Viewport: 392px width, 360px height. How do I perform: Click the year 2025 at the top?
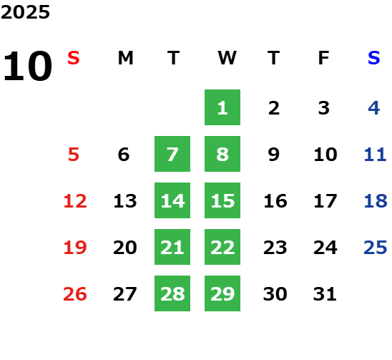tap(25, 12)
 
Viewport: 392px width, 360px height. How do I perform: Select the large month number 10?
tap(27, 66)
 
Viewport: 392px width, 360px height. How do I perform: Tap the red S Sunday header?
tap(74, 58)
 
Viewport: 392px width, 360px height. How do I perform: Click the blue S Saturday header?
tap(373, 58)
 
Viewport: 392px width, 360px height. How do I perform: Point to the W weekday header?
tap(227, 58)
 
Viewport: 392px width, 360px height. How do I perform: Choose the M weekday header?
tap(125, 58)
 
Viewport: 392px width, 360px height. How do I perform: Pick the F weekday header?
tap(324, 58)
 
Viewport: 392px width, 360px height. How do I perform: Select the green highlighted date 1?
tap(222, 107)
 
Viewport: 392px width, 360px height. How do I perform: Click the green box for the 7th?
tap(172, 154)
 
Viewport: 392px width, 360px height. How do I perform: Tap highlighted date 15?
tap(222, 200)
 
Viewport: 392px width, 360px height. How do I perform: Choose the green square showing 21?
tap(172, 247)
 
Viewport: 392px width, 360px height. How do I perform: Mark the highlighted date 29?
tap(222, 293)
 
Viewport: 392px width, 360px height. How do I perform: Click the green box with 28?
tap(172, 293)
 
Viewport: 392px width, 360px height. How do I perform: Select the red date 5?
tap(74, 155)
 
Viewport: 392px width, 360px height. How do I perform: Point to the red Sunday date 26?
tap(75, 294)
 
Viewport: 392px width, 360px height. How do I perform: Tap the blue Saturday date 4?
tap(374, 108)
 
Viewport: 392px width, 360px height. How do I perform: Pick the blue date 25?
tap(376, 248)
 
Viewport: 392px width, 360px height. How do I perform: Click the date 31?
tap(325, 294)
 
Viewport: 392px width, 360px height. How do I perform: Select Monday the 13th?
tap(125, 201)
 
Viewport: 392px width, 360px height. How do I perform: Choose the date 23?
tap(275, 248)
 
